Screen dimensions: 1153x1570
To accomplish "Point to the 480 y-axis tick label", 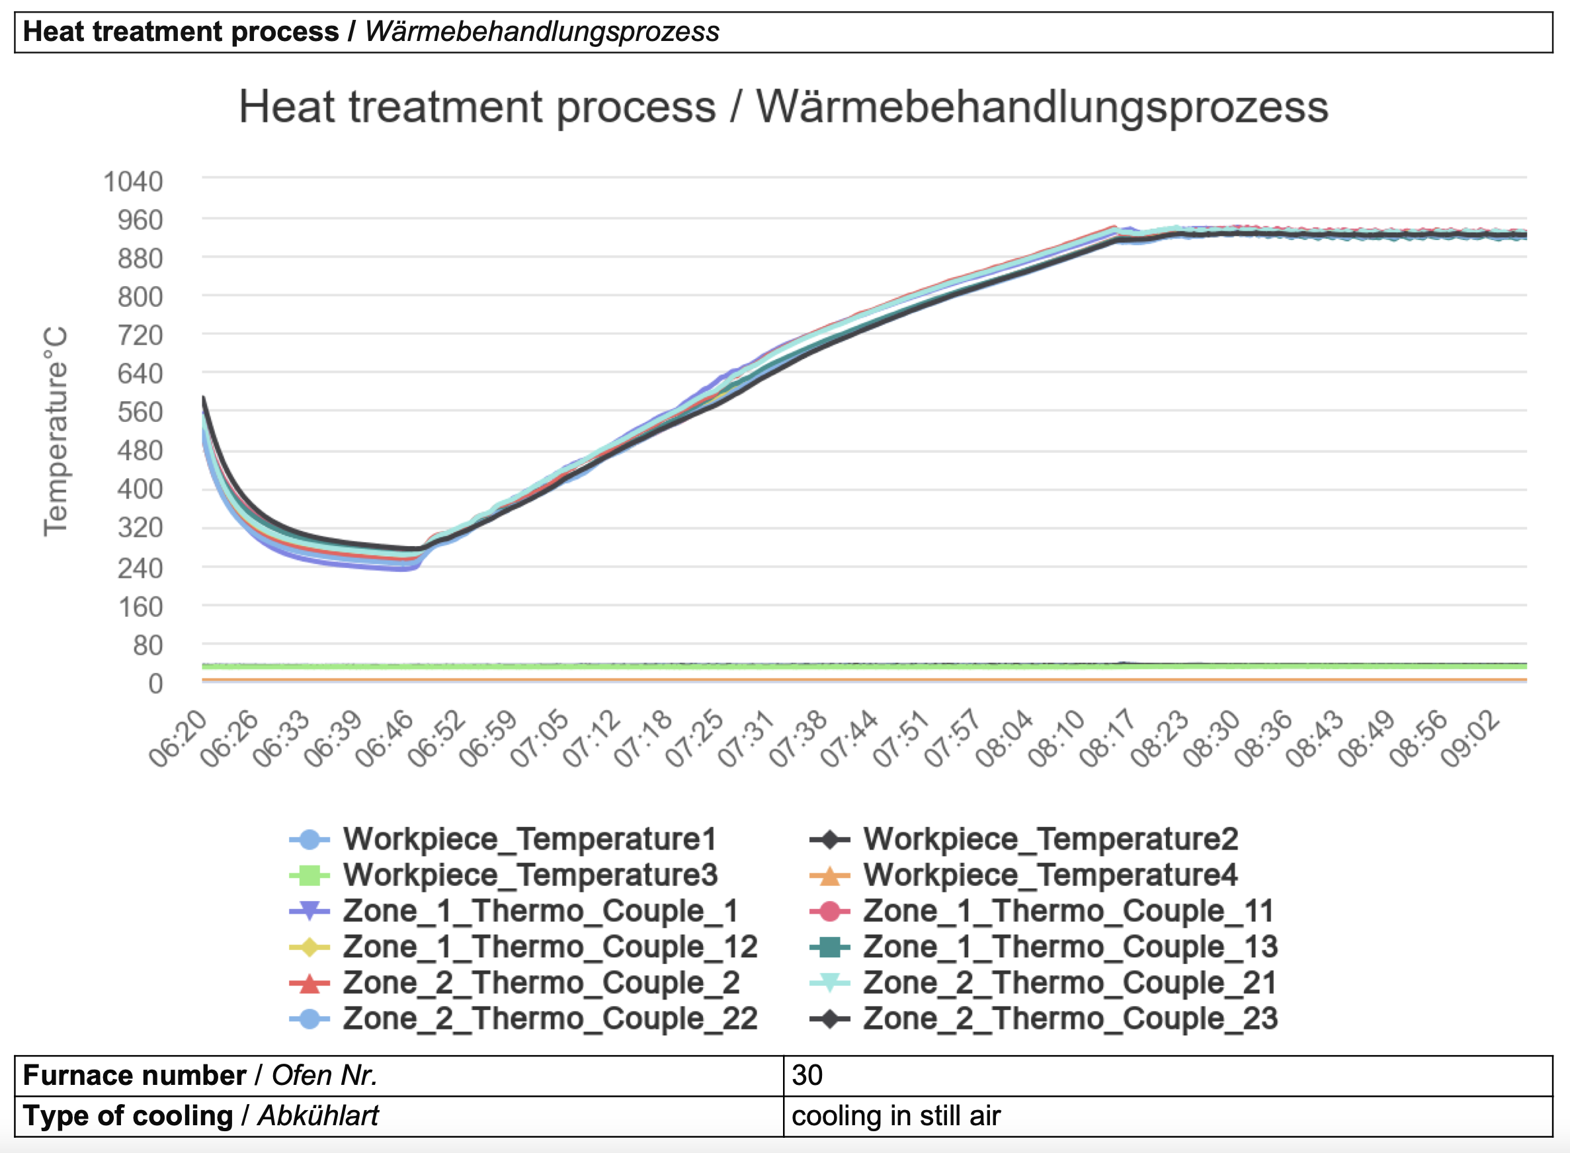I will coord(140,451).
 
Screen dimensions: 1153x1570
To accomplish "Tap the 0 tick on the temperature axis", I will coord(155,684).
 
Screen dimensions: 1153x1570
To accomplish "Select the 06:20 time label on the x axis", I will coord(177,739).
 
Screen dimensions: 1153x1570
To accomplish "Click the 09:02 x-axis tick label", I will coord(1470,739).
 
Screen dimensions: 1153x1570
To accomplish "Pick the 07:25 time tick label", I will coord(694,739).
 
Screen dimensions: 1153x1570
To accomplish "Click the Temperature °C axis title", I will coord(56,431).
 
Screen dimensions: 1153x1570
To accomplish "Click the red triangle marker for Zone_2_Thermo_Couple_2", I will coord(310,983).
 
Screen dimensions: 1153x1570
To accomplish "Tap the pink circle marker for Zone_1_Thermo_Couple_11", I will coord(829,912).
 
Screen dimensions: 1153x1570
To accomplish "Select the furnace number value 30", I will coord(807,1076).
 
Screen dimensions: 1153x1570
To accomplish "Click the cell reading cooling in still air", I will coord(895,1116).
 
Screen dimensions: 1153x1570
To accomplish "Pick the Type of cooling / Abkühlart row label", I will coord(201,1116).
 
